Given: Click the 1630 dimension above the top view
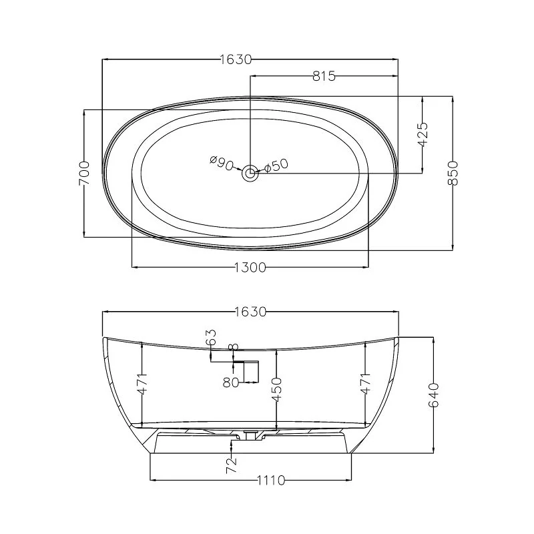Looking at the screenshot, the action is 236,59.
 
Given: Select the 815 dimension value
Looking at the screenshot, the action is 324,76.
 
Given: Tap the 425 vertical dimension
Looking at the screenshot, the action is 423,134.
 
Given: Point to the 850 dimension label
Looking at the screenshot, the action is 453,173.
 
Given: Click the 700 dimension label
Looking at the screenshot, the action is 84,173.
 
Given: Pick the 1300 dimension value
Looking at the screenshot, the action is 250,268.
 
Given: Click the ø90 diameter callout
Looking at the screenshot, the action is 222,163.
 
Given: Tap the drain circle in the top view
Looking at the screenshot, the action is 250,174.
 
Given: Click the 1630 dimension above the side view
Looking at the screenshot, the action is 250,312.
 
